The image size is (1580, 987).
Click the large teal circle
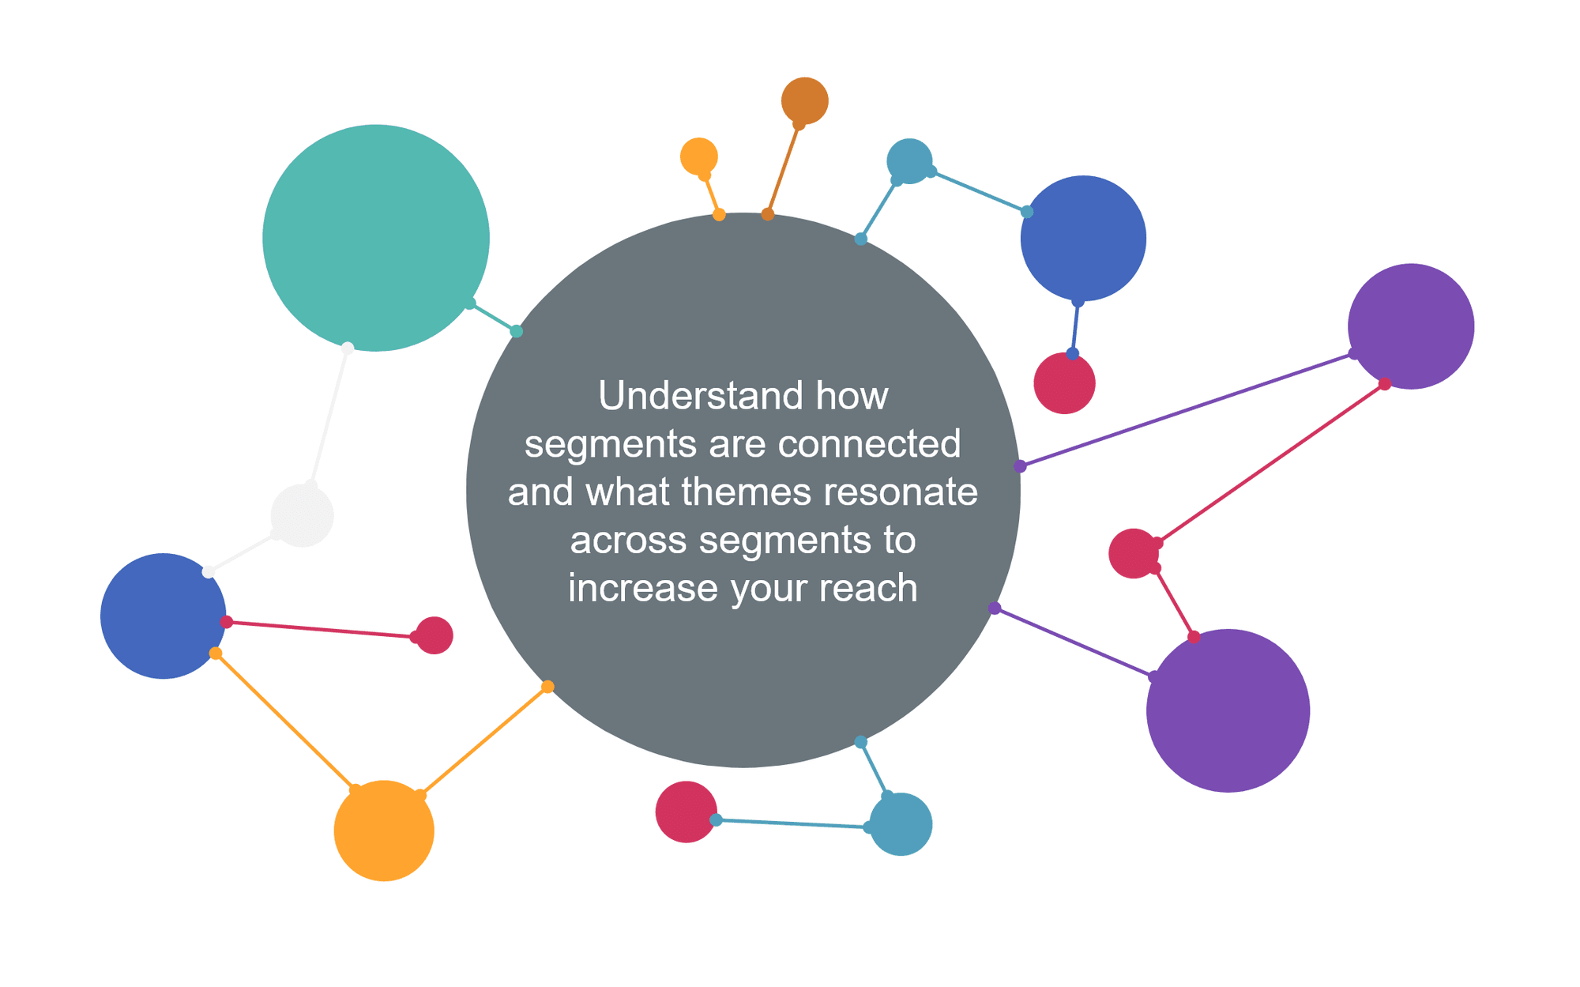tap(376, 238)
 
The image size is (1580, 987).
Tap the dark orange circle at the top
tap(805, 101)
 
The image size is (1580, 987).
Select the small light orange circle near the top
tap(699, 156)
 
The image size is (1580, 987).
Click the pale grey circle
tap(303, 516)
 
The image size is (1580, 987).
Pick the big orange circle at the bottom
tap(384, 831)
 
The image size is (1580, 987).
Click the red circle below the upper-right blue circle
tap(1065, 383)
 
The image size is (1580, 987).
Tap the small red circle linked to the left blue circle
tap(434, 635)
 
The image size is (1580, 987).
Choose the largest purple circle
tap(1228, 710)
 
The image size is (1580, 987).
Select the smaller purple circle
tap(1411, 326)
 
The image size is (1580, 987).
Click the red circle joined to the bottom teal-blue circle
tap(687, 812)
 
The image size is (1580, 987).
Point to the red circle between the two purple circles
tap(1134, 553)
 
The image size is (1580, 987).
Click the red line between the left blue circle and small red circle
tap(321, 629)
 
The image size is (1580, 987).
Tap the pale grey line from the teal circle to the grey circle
tap(329, 416)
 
